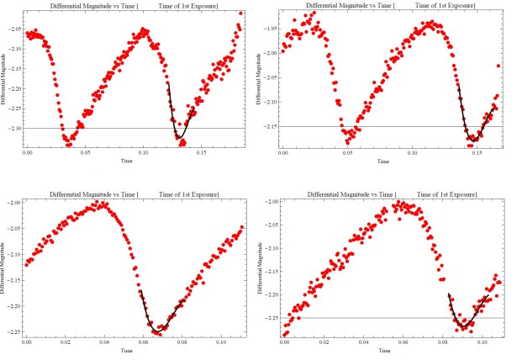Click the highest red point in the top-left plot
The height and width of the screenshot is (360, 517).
tap(240, 13)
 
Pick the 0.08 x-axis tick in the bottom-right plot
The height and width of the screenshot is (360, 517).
tap(444, 342)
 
